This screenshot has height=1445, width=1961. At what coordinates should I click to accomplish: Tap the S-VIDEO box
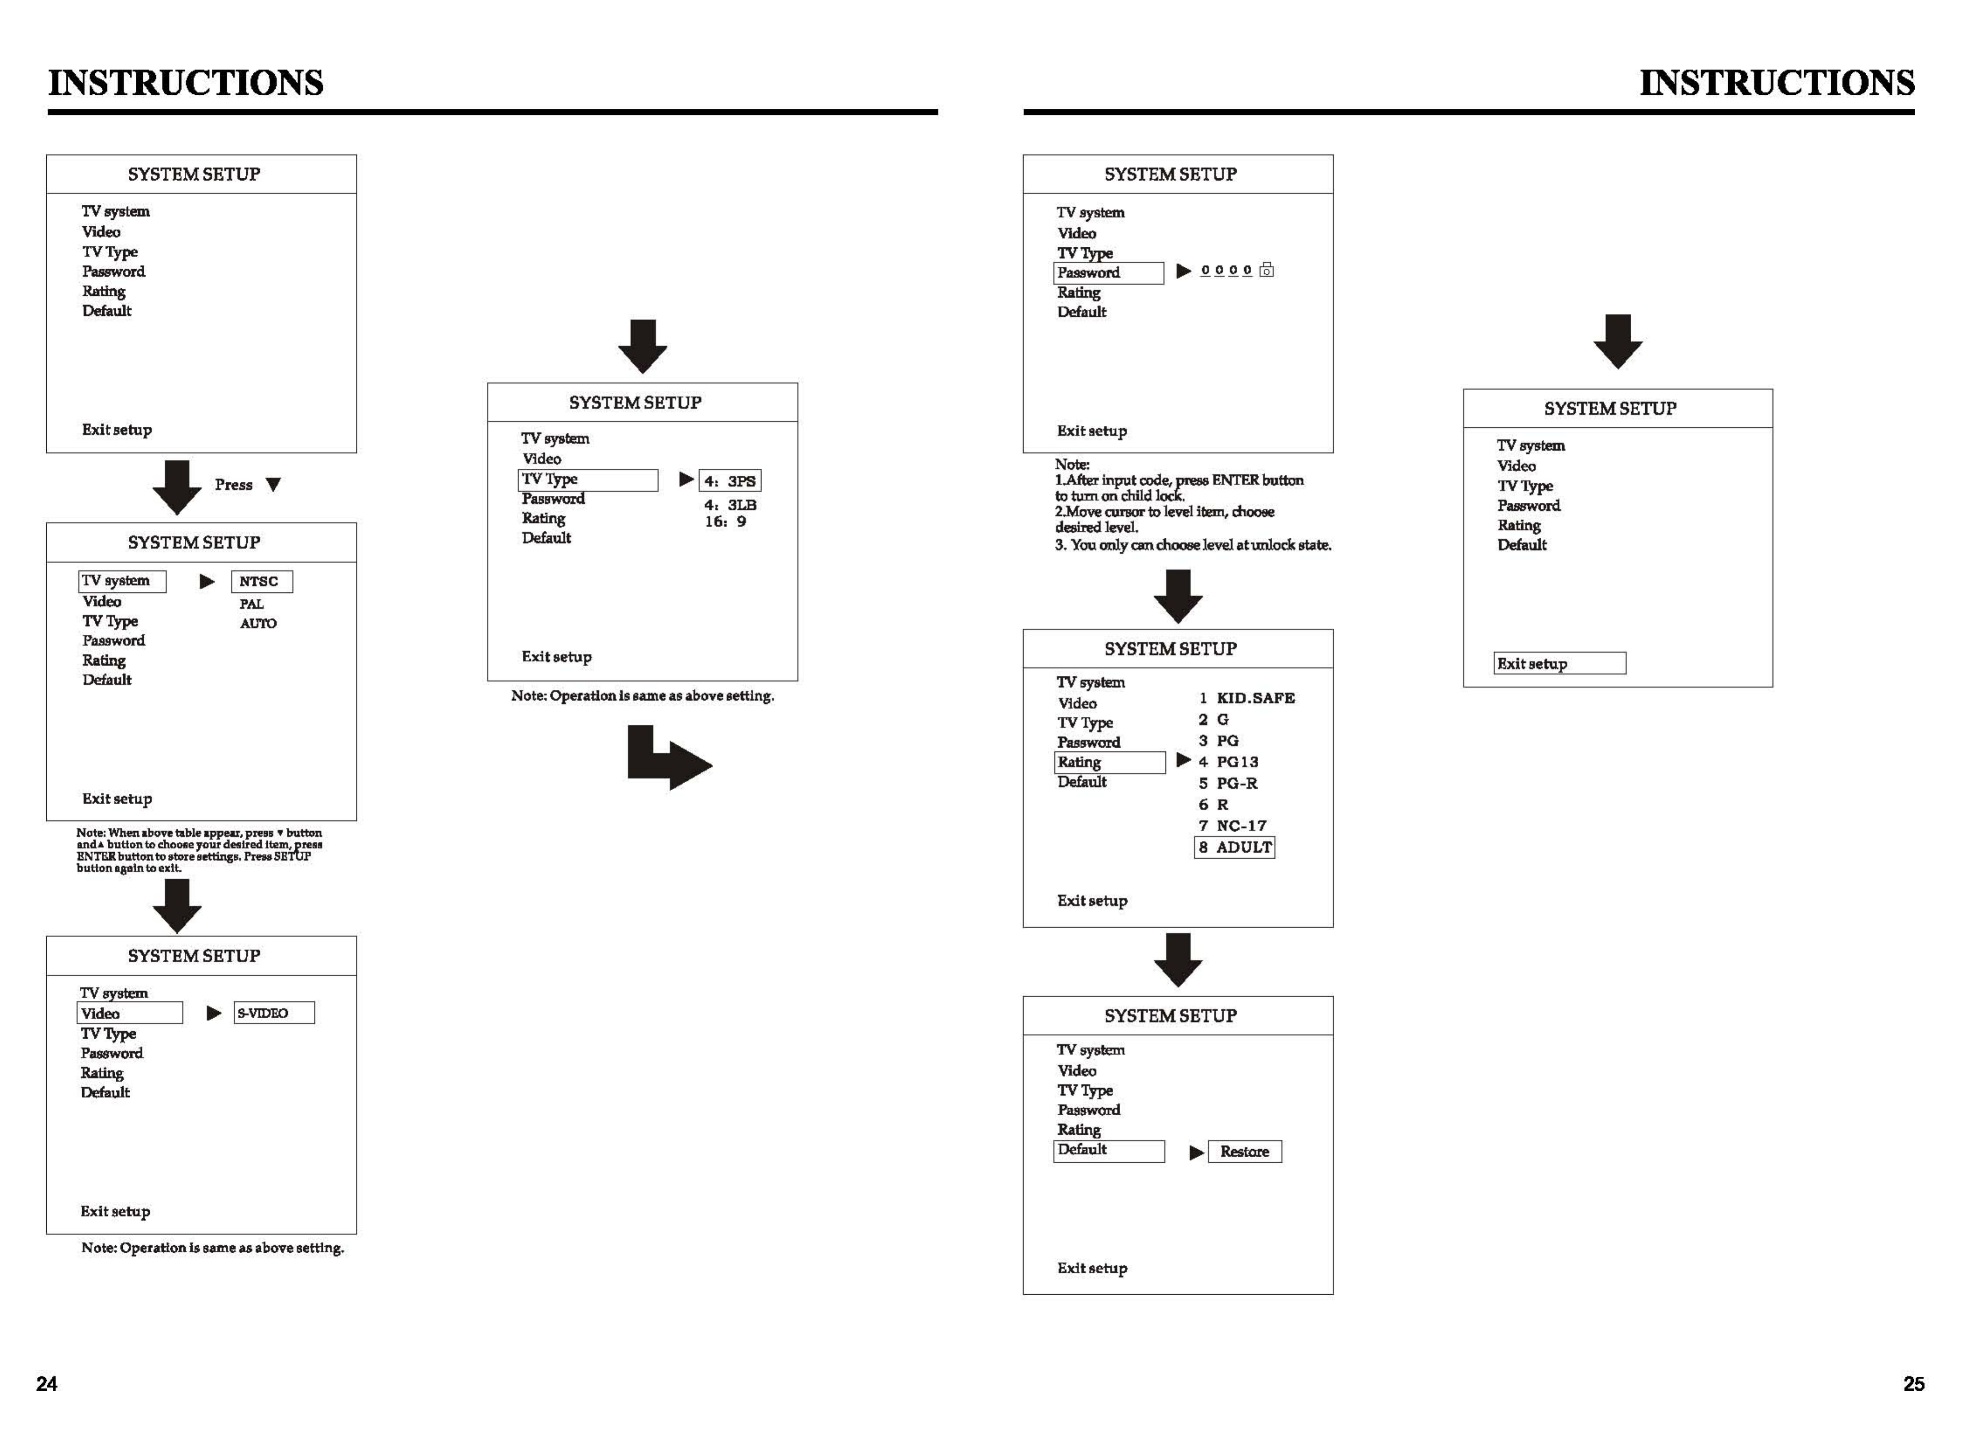(274, 1013)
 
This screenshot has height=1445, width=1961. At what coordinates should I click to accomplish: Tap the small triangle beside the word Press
(273, 484)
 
